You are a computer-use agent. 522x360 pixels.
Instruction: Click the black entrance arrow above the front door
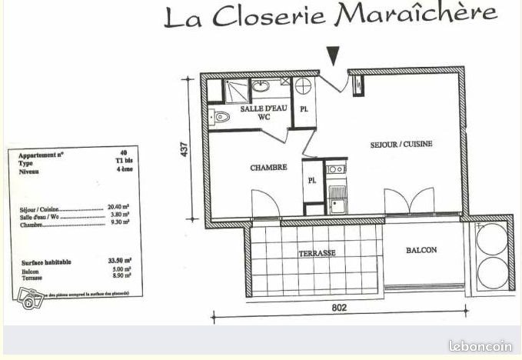pyautogui.click(x=333, y=56)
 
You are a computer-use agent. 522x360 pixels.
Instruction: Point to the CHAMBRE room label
pyautogui.click(x=268, y=167)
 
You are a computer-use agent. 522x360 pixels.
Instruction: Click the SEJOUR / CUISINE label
pyautogui.click(x=401, y=144)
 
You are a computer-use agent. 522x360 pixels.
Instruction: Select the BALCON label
pyautogui.click(x=421, y=250)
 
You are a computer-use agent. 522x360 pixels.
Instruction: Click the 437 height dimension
pyautogui.click(x=185, y=148)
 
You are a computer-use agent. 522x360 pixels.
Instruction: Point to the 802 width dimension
pyautogui.click(x=340, y=308)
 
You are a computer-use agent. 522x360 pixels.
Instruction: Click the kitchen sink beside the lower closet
pyautogui.click(x=336, y=199)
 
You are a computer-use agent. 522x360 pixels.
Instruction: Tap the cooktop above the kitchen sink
pyautogui.click(x=336, y=169)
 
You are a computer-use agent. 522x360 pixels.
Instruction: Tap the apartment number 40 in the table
pyautogui.click(x=124, y=154)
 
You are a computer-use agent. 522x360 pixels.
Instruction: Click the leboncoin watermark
pyautogui.click(x=480, y=346)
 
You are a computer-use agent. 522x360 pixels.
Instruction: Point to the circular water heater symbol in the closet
pyautogui.click(x=304, y=85)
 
